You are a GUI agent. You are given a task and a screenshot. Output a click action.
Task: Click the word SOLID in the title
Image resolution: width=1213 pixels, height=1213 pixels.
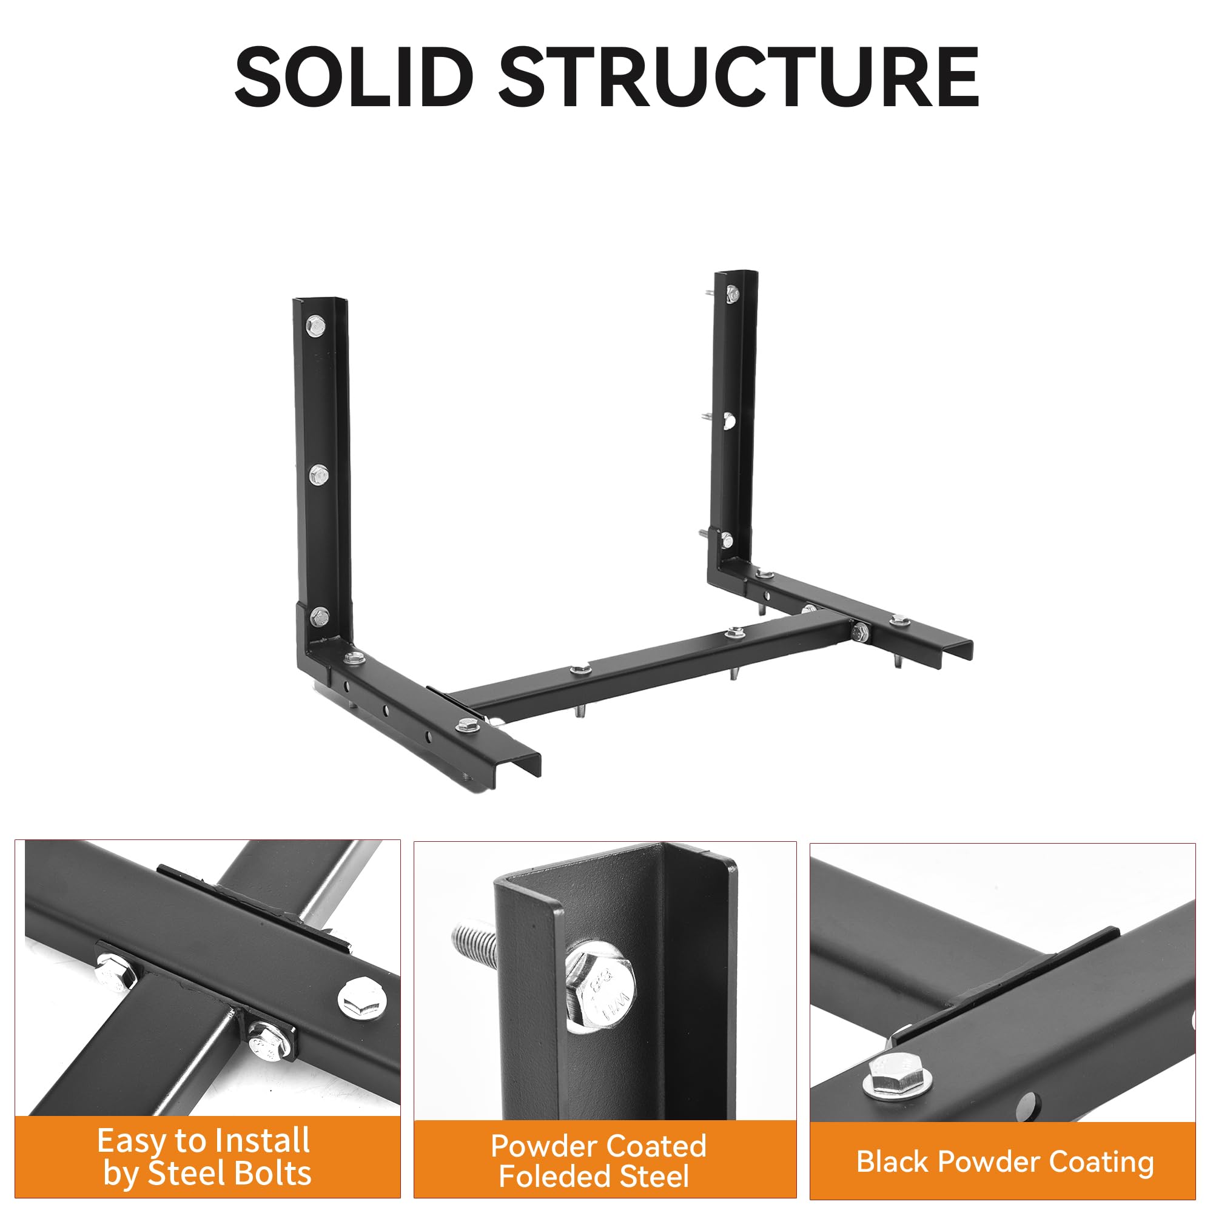coord(354,77)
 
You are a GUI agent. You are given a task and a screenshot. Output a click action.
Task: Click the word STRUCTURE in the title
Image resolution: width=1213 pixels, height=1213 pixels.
coord(738,77)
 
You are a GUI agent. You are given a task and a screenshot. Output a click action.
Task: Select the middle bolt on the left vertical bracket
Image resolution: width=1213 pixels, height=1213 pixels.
coord(319,475)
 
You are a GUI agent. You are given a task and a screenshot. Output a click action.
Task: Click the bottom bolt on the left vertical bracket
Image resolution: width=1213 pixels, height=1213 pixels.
coord(320,616)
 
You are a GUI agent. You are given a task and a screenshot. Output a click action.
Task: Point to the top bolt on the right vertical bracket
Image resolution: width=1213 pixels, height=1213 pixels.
coord(731,292)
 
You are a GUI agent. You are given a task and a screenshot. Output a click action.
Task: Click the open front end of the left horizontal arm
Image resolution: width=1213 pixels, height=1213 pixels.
coord(519,771)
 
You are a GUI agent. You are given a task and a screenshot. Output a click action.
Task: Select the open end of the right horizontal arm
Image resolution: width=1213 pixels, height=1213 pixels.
coord(956,655)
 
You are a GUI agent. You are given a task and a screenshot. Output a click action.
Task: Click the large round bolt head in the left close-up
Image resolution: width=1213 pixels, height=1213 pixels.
coord(362,999)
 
